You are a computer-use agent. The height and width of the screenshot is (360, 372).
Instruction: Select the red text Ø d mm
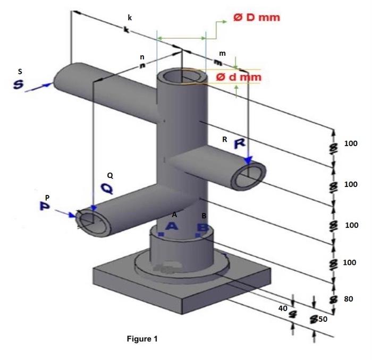pyautogui.click(x=239, y=77)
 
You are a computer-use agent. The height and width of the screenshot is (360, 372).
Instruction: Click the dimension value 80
pyautogui.click(x=349, y=299)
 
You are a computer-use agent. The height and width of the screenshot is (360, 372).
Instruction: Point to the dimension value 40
pyautogui.click(x=283, y=308)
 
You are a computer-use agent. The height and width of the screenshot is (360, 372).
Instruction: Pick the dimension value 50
pyautogui.click(x=323, y=320)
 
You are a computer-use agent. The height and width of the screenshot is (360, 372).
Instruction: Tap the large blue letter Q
pyautogui.click(x=107, y=188)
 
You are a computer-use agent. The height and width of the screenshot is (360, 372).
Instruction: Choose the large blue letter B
pyautogui.click(x=202, y=228)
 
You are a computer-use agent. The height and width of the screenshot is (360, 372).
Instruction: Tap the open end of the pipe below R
pyautogui.click(x=249, y=176)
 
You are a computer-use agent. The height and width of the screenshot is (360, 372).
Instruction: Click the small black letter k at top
pyautogui.click(x=130, y=18)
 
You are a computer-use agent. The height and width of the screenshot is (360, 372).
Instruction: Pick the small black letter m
pyautogui.click(x=222, y=54)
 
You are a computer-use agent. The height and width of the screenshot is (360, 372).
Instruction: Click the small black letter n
pyautogui.click(x=142, y=57)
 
